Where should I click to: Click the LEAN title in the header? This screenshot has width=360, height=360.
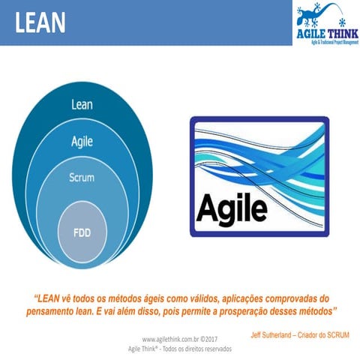[39, 22]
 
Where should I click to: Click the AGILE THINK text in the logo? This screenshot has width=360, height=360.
[325, 34]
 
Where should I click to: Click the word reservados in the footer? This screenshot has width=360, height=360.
[213, 349]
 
